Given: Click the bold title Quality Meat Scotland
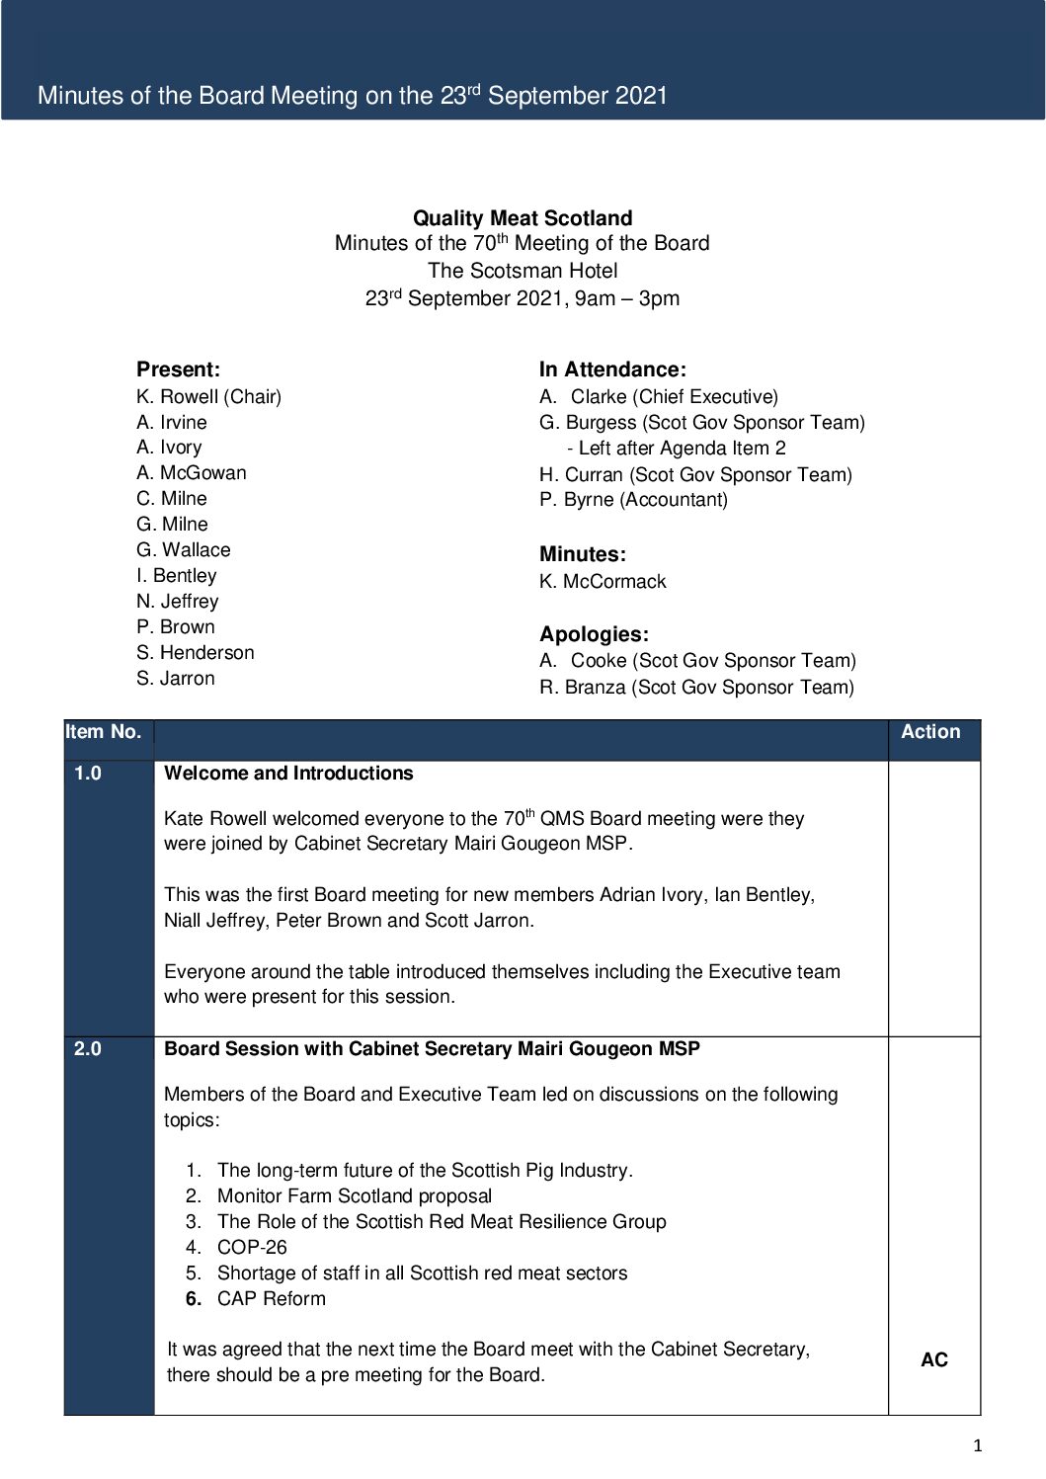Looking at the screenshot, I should click(523, 218).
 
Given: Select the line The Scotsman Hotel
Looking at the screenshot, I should click(523, 271).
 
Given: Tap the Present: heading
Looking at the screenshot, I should click(178, 370).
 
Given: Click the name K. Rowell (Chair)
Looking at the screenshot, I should click(208, 396).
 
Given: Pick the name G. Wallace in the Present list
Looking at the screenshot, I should click(184, 549).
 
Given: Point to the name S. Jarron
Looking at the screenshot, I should click(176, 678).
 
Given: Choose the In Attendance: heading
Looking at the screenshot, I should click(612, 370).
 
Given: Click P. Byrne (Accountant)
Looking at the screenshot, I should click(633, 499).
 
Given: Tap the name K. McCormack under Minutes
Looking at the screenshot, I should click(603, 581).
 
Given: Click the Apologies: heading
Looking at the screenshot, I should click(594, 634).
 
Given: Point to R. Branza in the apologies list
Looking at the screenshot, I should click(696, 687).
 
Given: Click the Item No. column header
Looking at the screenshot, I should click(104, 732).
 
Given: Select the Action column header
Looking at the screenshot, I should click(930, 732).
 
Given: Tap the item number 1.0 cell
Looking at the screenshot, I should click(88, 774).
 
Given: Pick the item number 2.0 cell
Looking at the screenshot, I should click(88, 1049).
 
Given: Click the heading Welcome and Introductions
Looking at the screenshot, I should click(288, 774).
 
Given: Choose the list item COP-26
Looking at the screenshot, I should click(252, 1247).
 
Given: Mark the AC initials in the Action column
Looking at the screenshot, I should click(933, 1360).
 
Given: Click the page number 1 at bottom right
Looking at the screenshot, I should click(978, 1446).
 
